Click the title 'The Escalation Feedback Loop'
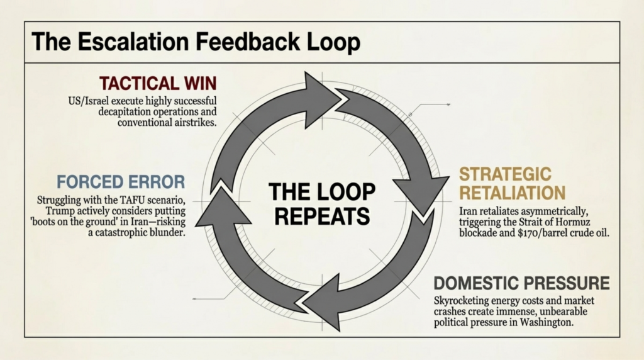pos(196,42)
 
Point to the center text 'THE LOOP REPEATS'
pos(322,203)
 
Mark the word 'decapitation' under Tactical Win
pos(127,111)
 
